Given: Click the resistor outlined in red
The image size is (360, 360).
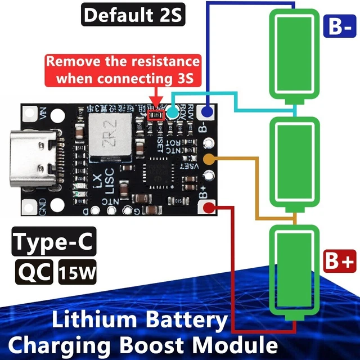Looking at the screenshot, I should (x=155, y=115).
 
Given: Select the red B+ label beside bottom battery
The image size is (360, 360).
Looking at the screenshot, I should (x=339, y=262).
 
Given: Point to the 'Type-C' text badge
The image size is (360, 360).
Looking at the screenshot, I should (x=53, y=244).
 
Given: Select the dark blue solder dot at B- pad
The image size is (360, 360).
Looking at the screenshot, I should (x=208, y=112).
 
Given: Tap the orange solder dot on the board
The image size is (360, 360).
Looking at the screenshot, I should (x=209, y=159).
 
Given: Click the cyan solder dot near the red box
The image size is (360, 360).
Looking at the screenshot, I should (x=173, y=112).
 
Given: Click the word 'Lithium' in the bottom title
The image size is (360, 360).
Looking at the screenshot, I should (x=96, y=321).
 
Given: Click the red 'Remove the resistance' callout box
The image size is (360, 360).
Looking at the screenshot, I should (x=123, y=70).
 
